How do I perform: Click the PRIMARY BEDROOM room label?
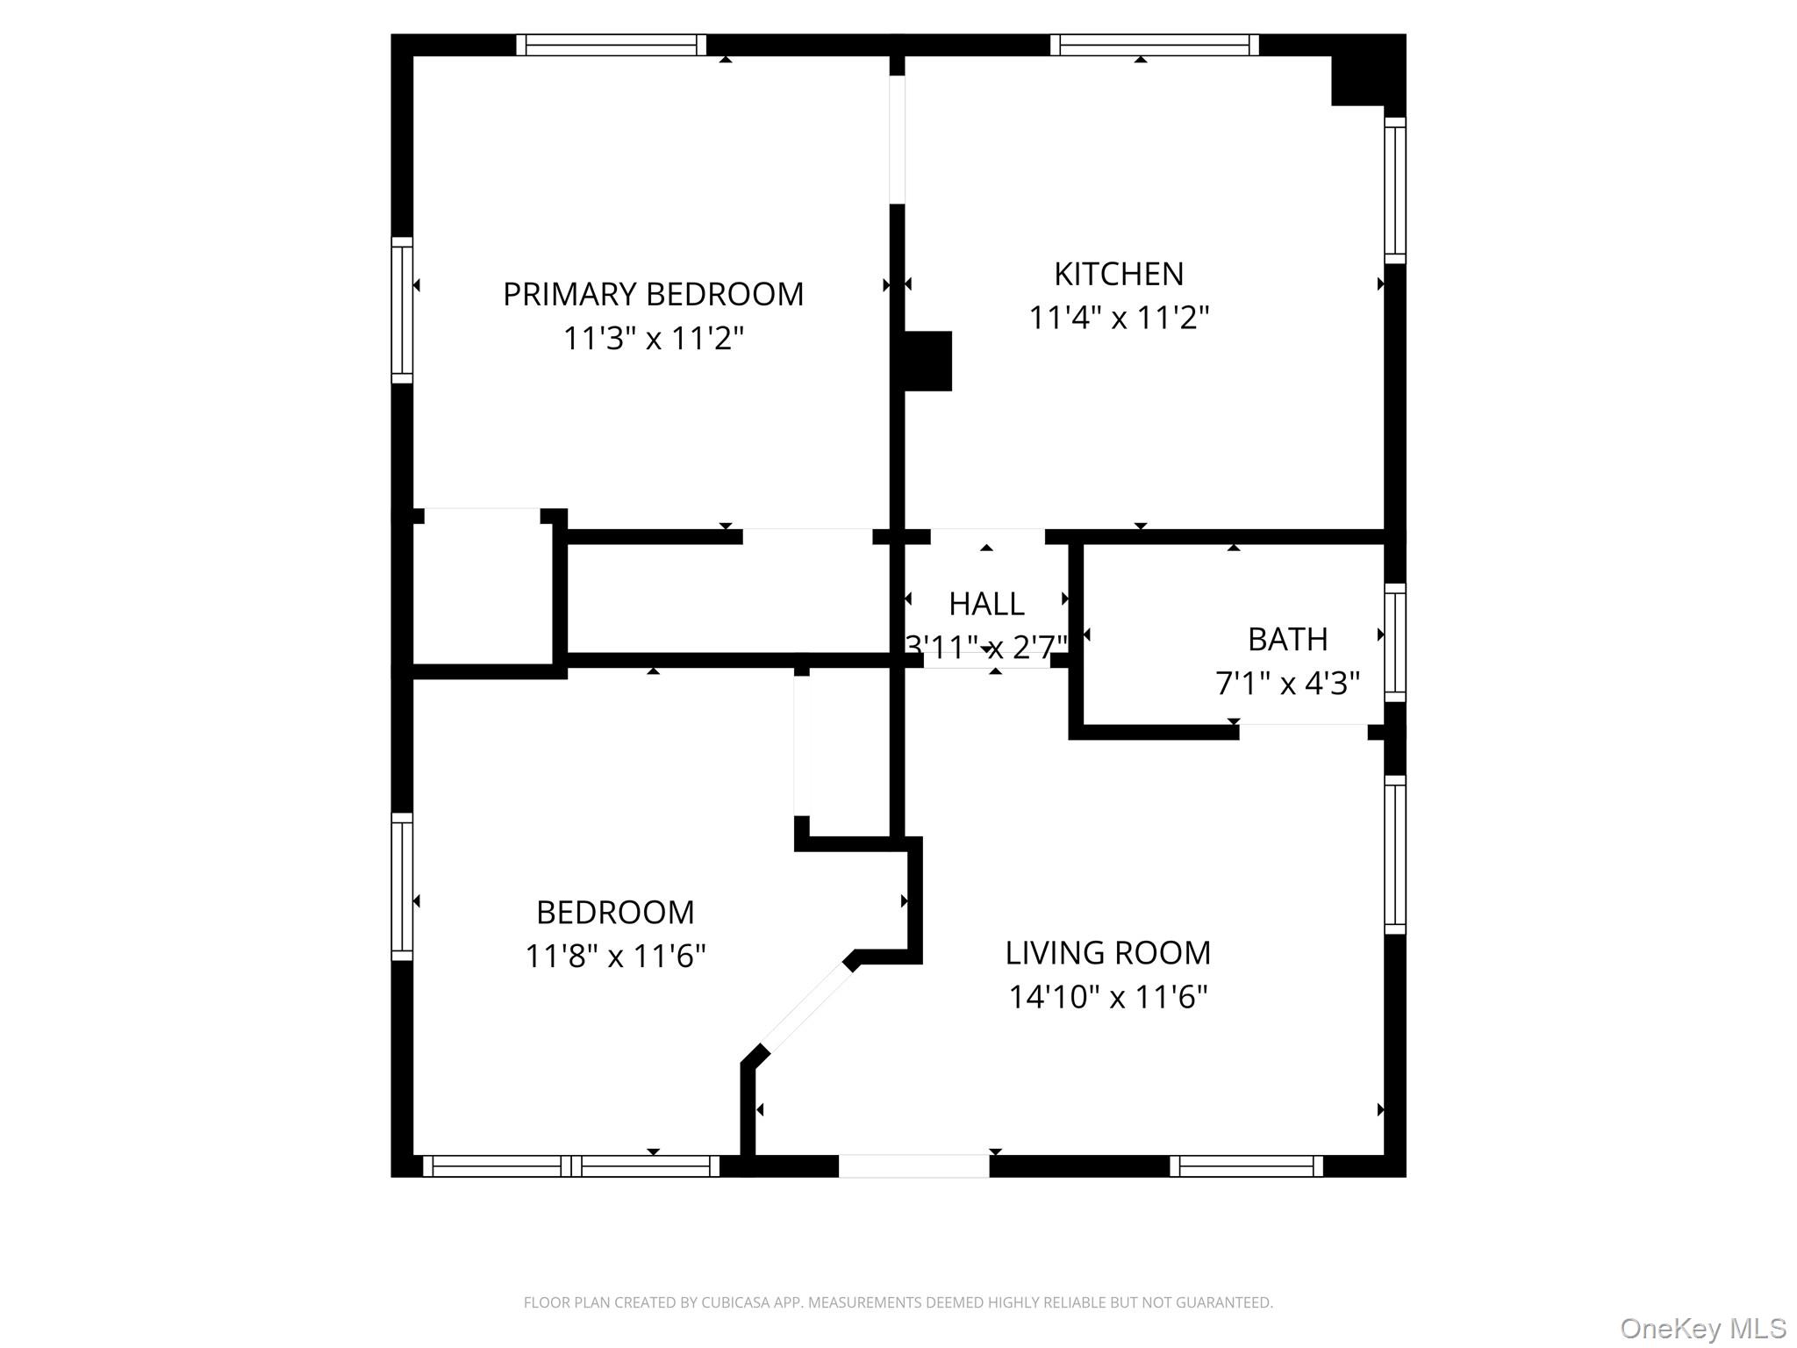(653, 294)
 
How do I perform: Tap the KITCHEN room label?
(1119, 274)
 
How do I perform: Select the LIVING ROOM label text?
(1107, 952)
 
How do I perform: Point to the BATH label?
(1287, 639)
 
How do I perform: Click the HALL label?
(986, 604)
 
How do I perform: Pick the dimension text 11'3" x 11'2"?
(653, 338)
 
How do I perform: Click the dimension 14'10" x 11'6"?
(1107, 997)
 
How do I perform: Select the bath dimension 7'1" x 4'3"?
(1287, 683)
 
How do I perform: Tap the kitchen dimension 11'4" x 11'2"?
(1119, 318)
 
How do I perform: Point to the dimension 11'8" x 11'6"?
(615, 956)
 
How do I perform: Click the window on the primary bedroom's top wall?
(611, 45)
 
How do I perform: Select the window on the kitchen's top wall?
(1154, 45)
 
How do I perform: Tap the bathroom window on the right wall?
(1395, 643)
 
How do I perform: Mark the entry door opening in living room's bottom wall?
(914, 1165)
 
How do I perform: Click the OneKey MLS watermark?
(1703, 1329)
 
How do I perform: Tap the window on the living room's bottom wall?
(1246, 1165)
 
